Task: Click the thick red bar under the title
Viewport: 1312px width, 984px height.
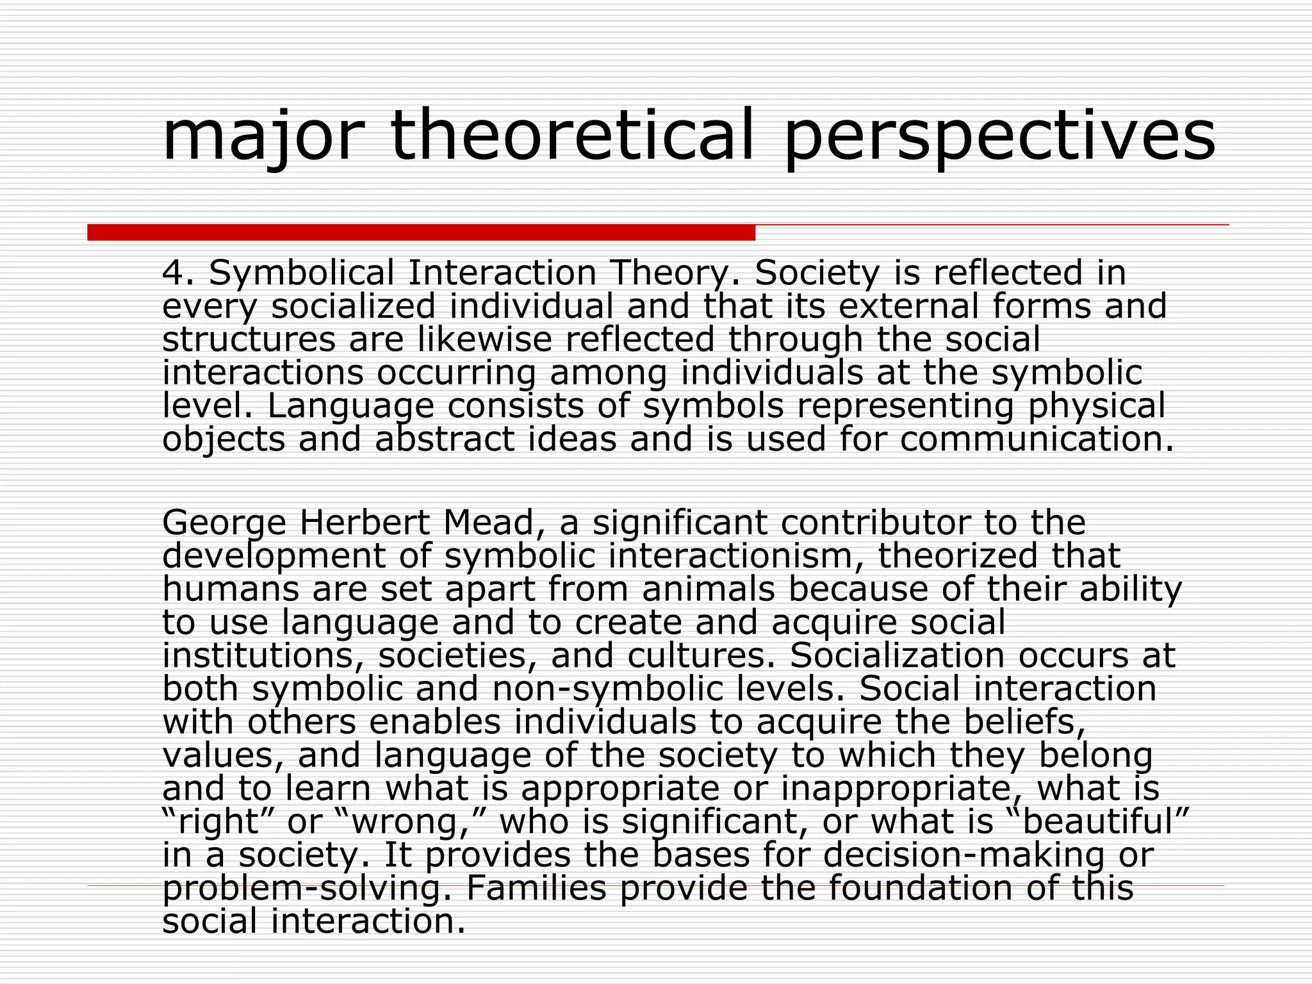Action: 421,233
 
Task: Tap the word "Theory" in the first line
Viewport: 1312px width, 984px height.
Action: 669,274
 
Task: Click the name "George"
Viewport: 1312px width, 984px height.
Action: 224,524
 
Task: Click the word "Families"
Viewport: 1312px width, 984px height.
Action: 536,888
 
